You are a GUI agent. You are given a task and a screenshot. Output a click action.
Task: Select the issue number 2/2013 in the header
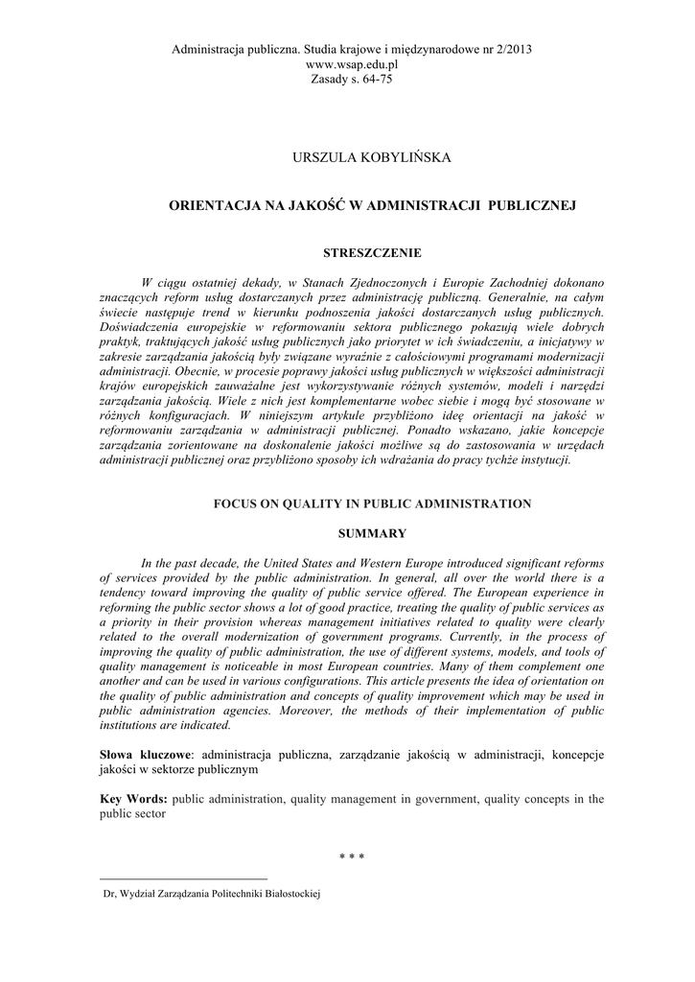pyautogui.click(x=509, y=48)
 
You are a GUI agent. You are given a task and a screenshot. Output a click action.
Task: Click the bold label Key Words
pyautogui.click(x=133, y=798)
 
